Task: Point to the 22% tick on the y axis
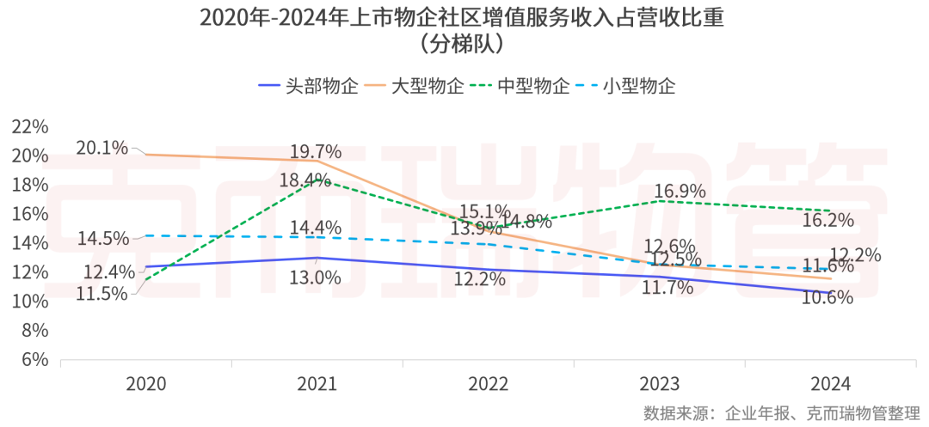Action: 32,127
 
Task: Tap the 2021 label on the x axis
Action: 317,384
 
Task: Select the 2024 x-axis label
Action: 831,384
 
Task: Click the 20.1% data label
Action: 101,148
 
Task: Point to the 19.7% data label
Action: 316,152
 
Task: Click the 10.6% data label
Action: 826,297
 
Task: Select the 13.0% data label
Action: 316,277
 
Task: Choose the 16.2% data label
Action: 827,221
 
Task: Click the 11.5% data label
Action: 102,293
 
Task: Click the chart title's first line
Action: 464,18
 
